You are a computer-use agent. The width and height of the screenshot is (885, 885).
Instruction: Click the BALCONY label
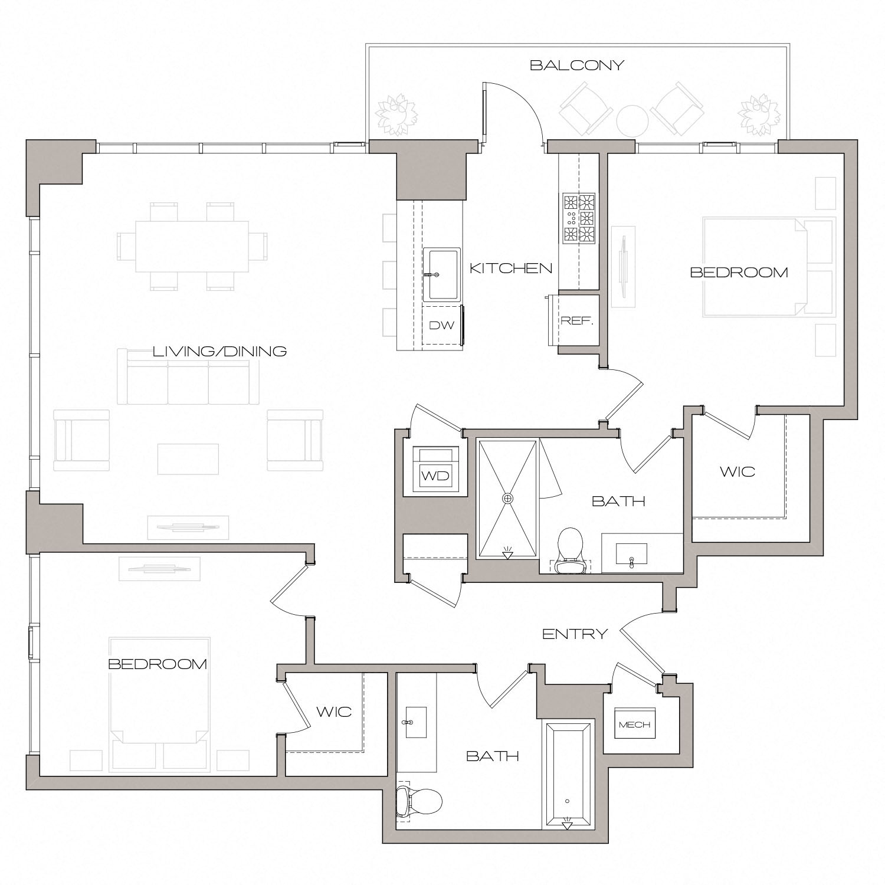coord(576,65)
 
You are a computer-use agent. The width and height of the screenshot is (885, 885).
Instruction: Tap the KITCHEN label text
coord(511,268)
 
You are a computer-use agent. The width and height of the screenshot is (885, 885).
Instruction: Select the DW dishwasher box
coord(441,325)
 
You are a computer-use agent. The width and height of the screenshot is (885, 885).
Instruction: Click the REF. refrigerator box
coord(576,321)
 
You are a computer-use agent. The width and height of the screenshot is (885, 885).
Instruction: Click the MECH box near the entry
coord(634,724)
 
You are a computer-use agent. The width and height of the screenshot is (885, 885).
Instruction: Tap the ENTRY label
coord(575,634)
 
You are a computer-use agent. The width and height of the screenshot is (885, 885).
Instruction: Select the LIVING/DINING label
coord(219,352)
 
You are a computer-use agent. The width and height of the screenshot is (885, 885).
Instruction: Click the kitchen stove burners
coord(578,218)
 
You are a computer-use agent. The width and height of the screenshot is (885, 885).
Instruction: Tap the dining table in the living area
coord(192,246)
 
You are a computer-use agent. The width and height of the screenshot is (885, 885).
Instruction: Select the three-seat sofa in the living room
coord(188,381)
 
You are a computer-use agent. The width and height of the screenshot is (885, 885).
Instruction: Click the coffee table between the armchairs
coord(188,459)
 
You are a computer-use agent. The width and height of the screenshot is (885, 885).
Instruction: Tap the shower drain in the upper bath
coord(507,499)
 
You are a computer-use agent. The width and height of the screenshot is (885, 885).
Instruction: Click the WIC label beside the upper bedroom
coord(737,472)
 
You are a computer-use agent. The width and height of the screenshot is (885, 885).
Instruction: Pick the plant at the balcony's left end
coord(396,114)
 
